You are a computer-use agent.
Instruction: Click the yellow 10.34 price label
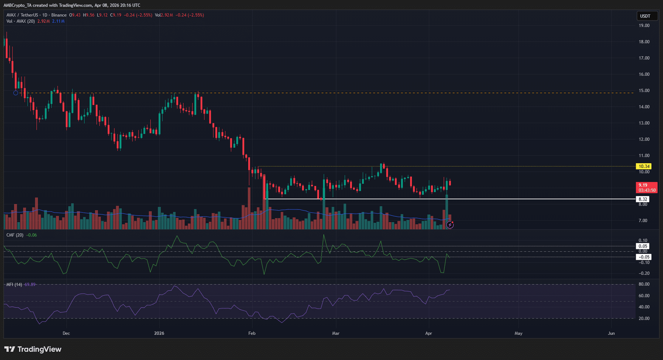pos(644,166)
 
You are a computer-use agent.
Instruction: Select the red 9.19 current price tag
pos(646,188)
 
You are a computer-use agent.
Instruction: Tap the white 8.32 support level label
pos(643,199)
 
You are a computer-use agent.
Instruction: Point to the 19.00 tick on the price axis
pos(644,26)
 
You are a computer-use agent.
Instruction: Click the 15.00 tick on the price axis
pos(644,91)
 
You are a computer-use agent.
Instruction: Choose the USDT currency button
pos(645,16)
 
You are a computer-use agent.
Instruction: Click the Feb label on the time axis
pos(252,333)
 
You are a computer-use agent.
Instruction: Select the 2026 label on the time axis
pos(159,333)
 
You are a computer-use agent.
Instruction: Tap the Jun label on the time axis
pos(611,333)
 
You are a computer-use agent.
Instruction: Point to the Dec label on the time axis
pos(66,333)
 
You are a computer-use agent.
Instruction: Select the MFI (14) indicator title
pos(14,285)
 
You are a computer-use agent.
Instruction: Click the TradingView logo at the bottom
pos(33,349)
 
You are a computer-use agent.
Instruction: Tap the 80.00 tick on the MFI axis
pos(644,284)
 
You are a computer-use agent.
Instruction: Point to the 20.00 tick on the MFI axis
pos(644,319)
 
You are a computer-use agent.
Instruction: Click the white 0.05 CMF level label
pos(643,246)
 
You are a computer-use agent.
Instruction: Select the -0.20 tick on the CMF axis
pos(644,273)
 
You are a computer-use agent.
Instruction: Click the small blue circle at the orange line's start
pos(16,93)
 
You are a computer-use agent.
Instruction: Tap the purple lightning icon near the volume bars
pos(450,225)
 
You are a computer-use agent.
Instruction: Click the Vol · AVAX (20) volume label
pos(21,21)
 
